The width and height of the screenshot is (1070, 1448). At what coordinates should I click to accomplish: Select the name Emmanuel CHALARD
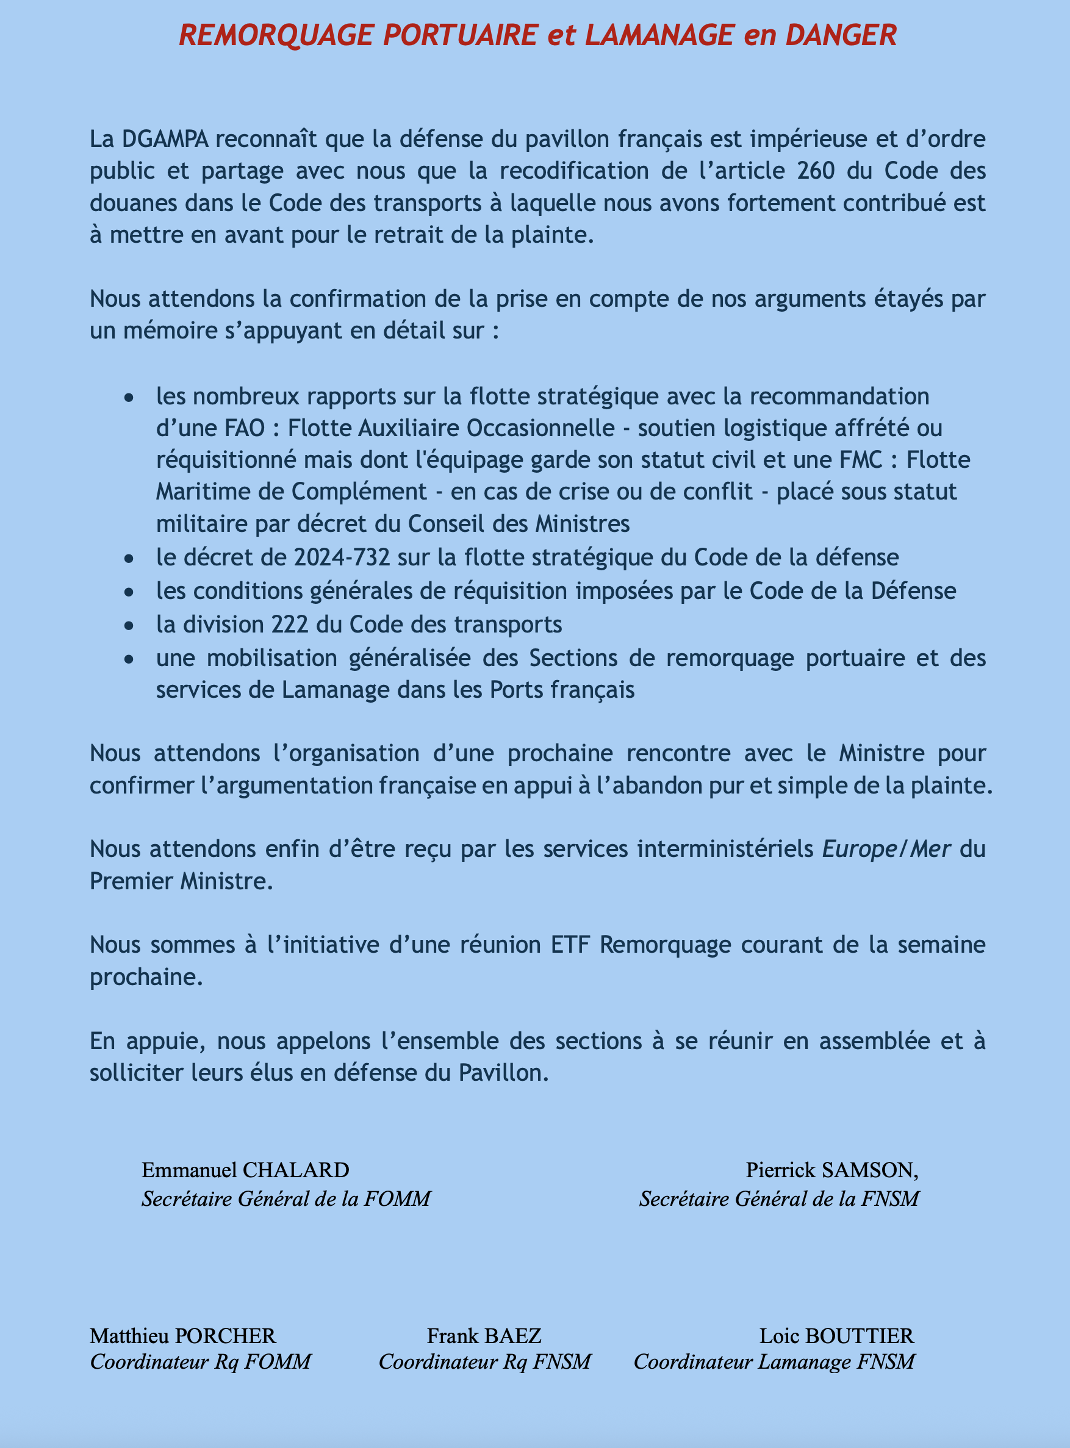pyautogui.click(x=245, y=1170)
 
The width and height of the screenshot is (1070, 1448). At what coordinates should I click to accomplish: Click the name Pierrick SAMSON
pyautogui.click(x=831, y=1170)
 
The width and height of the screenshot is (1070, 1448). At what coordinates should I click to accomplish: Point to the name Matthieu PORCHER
pyautogui.click(x=183, y=1336)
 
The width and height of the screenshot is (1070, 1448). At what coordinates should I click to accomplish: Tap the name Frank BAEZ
pyautogui.click(x=484, y=1336)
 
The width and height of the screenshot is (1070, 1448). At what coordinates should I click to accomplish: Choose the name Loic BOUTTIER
pyautogui.click(x=837, y=1336)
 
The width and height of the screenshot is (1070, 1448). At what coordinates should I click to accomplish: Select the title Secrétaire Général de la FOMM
pyautogui.click(x=285, y=1199)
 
